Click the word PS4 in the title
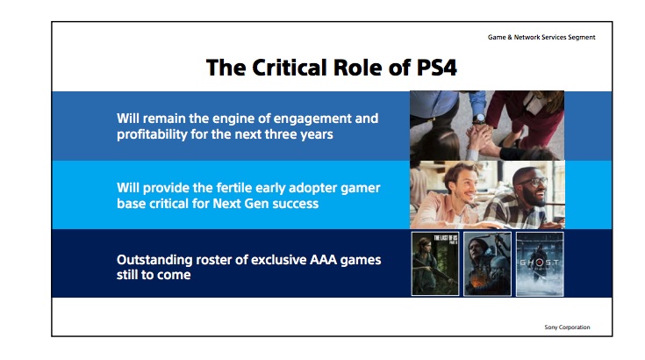(x=436, y=68)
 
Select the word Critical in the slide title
(x=290, y=68)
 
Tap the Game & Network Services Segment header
(x=541, y=37)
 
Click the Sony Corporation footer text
(x=567, y=328)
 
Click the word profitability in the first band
(x=152, y=134)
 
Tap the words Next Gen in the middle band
(x=241, y=204)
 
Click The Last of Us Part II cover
(x=435, y=263)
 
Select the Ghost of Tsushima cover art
(x=540, y=264)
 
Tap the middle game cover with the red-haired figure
(x=487, y=264)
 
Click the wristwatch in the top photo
(x=479, y=119)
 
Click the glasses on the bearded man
(x=534, y=182)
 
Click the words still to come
(x=154, y=275)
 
